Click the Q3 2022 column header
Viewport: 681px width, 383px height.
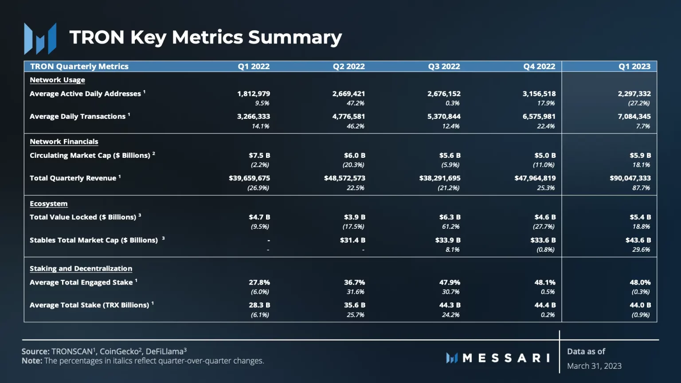click(x=444, y=66)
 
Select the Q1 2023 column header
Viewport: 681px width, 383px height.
click(x=634, y=66)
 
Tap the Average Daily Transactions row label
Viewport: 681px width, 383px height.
click(x=78, y=117)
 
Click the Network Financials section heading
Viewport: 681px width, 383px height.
click(x=64, y=142)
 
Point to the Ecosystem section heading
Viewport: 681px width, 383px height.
click(x=49, y=204)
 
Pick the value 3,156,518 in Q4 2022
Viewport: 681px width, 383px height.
click(x=539, y=94)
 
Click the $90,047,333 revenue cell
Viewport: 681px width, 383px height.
click(x=630, y=178)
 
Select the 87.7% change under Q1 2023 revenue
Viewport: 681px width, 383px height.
click(x=641, y=188)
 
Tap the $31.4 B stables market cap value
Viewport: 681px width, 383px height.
click(x=354, y=240)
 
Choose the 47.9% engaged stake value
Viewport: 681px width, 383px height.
click(x=450, y=282)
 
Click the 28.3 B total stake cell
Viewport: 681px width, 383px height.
click(x=259, y=305)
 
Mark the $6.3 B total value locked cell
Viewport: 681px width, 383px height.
click(x=450, y=217)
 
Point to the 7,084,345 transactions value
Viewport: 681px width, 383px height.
click(x=634, y=117)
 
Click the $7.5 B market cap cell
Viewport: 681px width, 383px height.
click(x=259, y=156)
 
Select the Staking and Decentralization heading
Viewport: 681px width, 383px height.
click(x=81, y=269)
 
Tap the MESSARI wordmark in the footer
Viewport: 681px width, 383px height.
click(x=506, y=358)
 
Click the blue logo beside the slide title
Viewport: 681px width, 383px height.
click(x=40, y=39)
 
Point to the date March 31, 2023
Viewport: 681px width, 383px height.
click(x=594, y=366)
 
